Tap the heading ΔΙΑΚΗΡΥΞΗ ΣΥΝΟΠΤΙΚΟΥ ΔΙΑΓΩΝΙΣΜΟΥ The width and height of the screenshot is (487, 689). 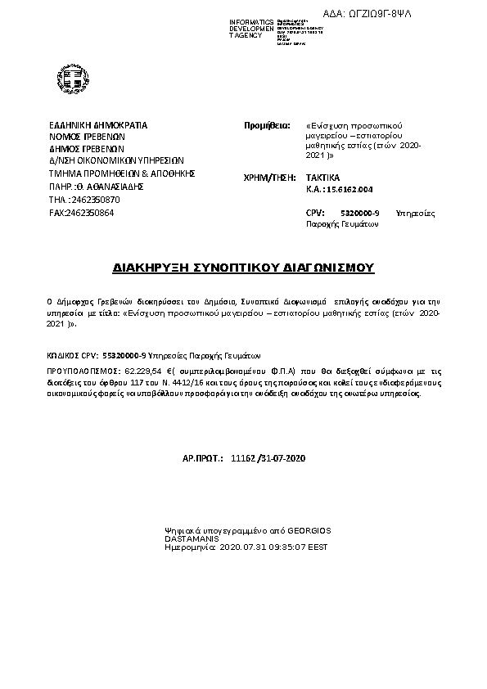click(x=242, y=268)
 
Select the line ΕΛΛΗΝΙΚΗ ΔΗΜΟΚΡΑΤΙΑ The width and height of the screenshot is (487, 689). click(x=98, y=125)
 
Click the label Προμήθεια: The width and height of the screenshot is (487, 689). click(x=268, y=126)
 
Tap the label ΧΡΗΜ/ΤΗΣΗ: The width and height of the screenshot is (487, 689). click(x=269, y=178)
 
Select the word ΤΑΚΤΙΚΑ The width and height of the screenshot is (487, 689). click(x=322, y=178)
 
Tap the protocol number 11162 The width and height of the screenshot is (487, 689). click(x=243, y=461)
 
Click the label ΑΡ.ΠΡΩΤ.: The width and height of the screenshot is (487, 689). click(x=202, y=461)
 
